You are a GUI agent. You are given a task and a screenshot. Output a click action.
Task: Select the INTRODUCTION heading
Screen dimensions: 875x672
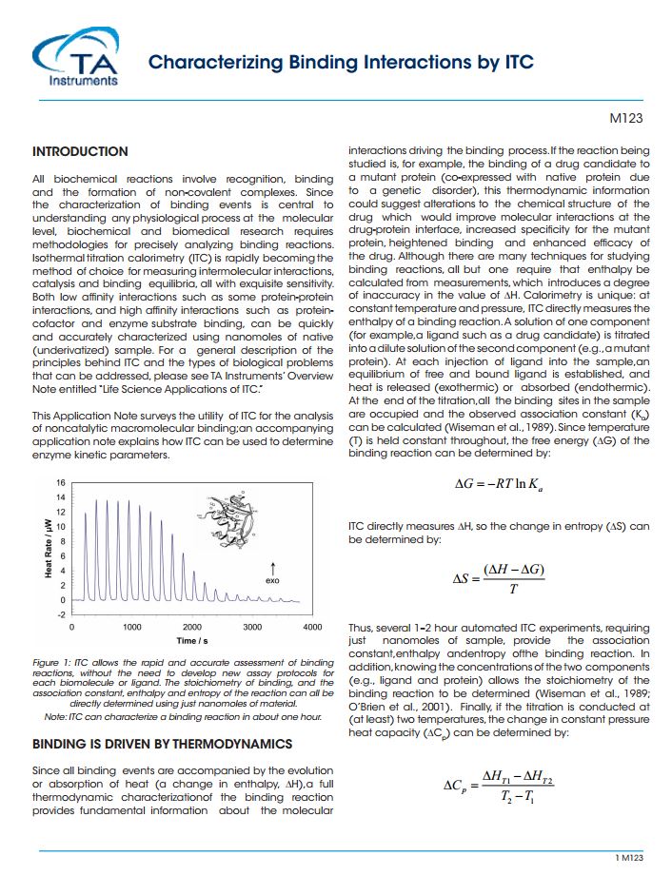coord(80,151)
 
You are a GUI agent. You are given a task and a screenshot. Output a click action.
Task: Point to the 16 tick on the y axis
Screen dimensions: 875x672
coord(61,482)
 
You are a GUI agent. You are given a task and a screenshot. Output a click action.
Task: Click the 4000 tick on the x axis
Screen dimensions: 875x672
coord(312,628)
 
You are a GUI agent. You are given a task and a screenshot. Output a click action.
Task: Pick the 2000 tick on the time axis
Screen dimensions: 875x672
coord(192,628)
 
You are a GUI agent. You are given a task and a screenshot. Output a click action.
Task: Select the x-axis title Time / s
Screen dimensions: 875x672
coord(193,641)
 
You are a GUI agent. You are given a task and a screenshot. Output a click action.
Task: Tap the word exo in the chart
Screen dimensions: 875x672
coord(272,579)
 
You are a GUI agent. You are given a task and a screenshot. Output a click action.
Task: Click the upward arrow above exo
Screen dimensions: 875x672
coord(273,566)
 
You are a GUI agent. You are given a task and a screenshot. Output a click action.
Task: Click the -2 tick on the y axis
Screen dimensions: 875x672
coord(62,614)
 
